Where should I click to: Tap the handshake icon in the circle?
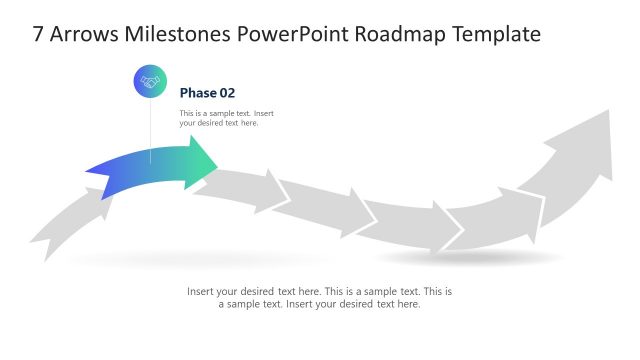click(x=150, y=83)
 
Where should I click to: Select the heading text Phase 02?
click(x=207, y=93)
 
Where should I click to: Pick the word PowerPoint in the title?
click(x=289, y=34)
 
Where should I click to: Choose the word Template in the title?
click(x=495, y=34)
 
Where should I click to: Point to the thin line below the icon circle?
click(x=150, y=130)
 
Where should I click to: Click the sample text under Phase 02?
click(x=226, y=118)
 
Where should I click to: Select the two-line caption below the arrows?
click(x=320, y=298)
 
